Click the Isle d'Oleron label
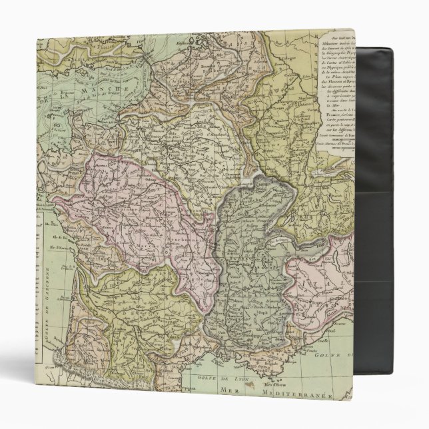pyautogui.click(x=61, y=258)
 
